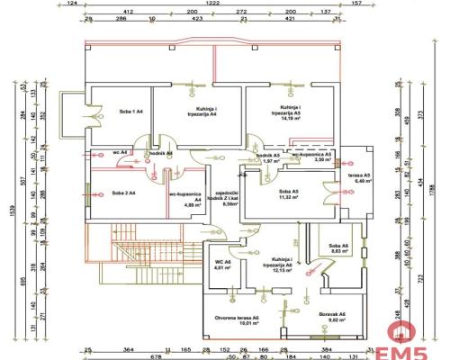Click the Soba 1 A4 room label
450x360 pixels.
coord(125,111)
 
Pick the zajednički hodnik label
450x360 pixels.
coord(222,195)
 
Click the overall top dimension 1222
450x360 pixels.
coord(212,5)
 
